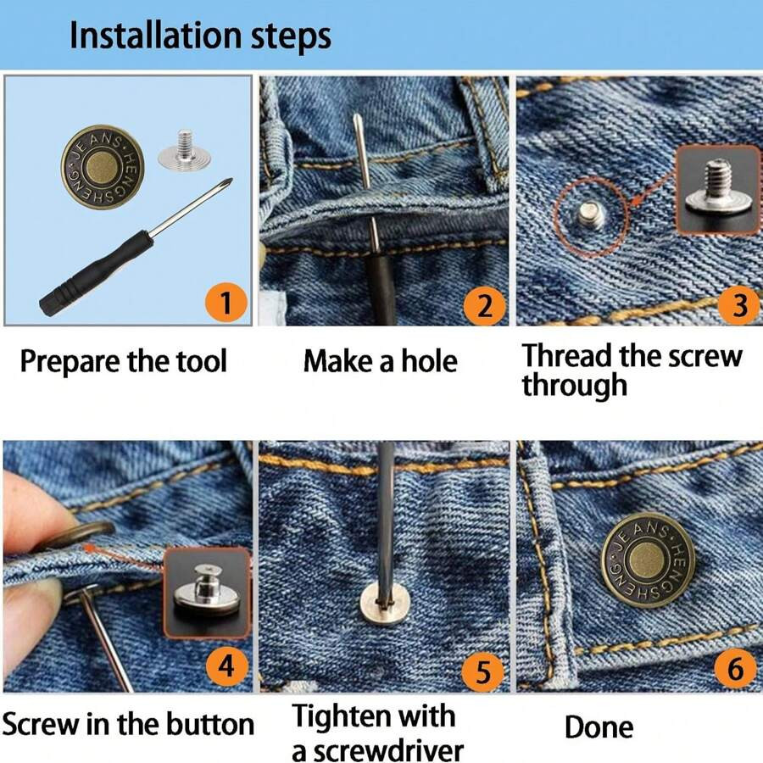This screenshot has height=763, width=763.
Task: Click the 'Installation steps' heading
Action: coord(200,36)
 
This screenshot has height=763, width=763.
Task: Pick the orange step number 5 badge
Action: coord(482,673)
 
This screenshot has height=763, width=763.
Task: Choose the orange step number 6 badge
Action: coord(735,670)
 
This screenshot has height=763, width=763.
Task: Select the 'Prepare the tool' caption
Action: coord(124,362)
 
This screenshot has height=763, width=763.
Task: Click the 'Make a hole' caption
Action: coord(380,362)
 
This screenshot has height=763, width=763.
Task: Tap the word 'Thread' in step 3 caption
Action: coord(566,355)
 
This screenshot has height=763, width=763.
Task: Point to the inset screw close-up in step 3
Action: coord(717,190)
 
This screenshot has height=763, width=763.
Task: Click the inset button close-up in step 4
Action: coord(206,590)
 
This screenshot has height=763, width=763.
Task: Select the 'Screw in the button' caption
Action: coord(128,725)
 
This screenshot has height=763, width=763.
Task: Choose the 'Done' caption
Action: coord(599,727)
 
